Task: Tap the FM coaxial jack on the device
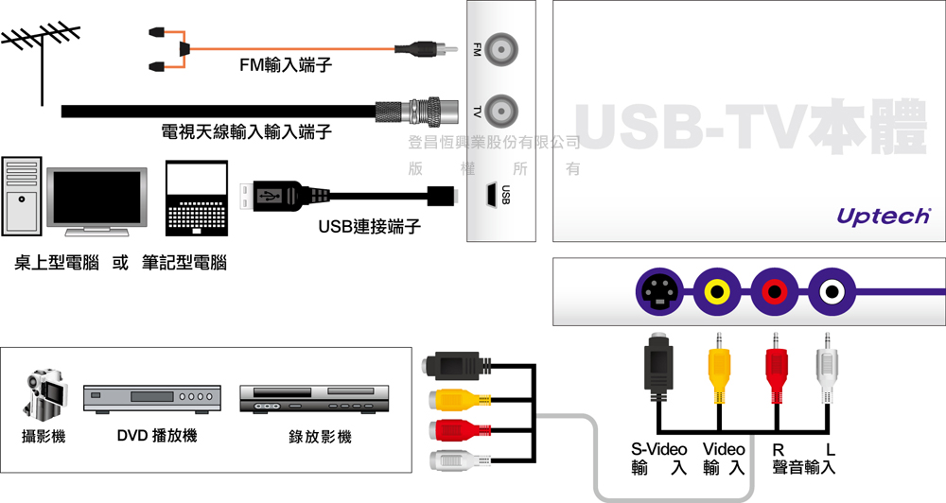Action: [501, 48]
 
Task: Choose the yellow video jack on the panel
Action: [716, 291]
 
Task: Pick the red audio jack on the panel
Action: [775, 291]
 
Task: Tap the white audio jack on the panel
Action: [832, 291]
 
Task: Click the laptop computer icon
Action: [199, 199]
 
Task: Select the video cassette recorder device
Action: [314, 398]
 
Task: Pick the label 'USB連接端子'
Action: [369, 227]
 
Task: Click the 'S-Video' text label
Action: [659, 448]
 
